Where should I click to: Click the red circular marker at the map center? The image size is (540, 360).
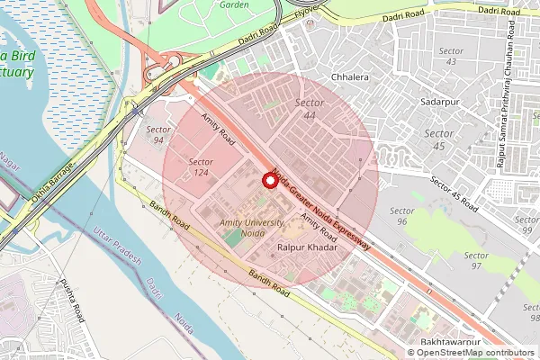[x=269, y=180]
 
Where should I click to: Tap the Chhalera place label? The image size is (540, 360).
[x=351, y=77]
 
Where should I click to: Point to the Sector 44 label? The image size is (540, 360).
[x=310, y=110]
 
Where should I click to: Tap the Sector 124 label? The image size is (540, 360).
[x=201, y=166]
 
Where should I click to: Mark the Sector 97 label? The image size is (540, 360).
[x=475, y=261]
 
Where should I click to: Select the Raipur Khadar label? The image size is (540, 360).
[x=307, y=246]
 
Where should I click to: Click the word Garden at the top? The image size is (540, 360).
[x=234, y=4]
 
